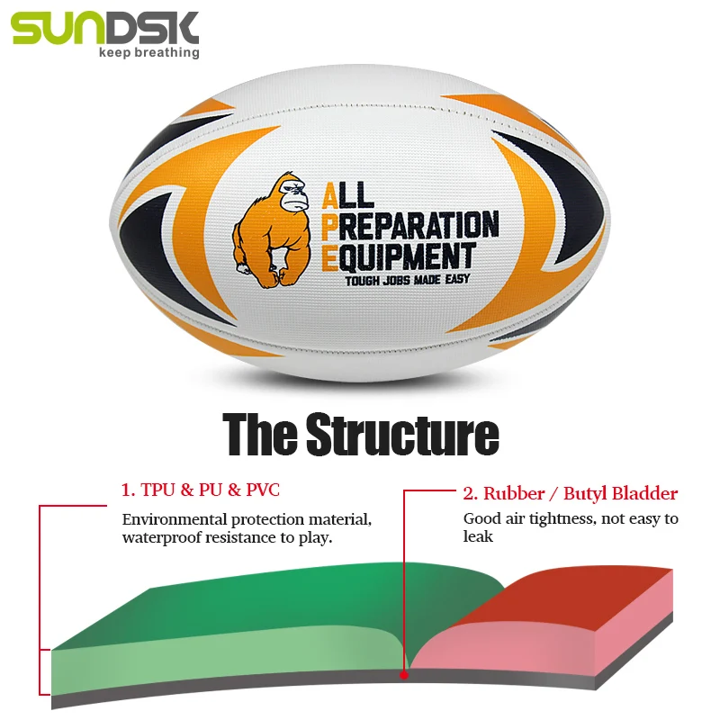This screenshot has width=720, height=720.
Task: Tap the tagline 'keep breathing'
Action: point(148,52)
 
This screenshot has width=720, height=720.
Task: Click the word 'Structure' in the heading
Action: point(401,435)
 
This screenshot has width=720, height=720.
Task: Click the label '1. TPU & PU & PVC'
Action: point(200,490)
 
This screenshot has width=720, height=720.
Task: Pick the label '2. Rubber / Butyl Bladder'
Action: point(570,493)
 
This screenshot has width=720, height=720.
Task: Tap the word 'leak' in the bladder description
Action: point(479,537)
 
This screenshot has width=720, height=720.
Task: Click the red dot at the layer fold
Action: point(404,673)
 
